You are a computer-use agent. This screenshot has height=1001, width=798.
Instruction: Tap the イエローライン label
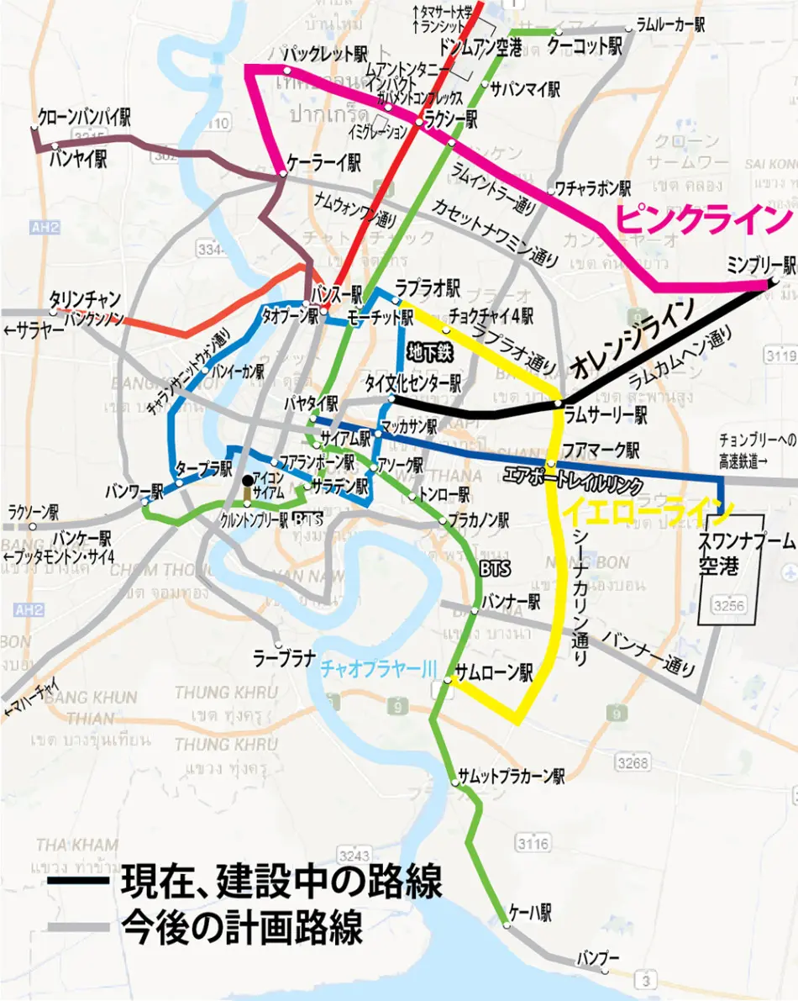[x=647, y=509]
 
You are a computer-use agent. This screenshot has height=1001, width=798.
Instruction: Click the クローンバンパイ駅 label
[x=84, y=117]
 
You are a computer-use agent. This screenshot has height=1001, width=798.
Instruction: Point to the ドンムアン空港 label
[x=480, y=47]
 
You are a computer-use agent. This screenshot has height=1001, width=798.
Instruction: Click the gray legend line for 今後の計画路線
[x=78, y=929]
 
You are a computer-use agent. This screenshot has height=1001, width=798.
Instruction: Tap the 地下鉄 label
[x=429, y=353]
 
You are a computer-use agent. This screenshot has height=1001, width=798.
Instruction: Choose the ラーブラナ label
[x=285, y=658]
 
